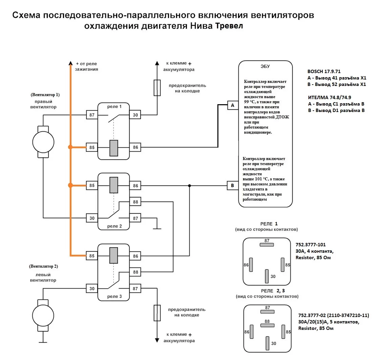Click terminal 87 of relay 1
[x=92, y=115]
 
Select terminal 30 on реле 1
[x=135, y=115]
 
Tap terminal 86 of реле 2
[x=135, y=185]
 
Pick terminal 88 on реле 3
[x=135, y=272]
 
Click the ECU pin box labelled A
[x=232, y=106]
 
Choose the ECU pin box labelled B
[x=232, y=185]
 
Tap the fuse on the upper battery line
[x=157, y=87]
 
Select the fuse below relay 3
[x=157, y=313]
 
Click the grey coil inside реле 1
[x=114, y=148]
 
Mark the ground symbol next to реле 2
[x=157, y=228]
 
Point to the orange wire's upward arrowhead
[x=70, y=63]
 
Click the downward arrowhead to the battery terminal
[x=157, y=340]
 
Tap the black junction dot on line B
[x=189, y=185]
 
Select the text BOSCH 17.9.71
[x=324, y=72]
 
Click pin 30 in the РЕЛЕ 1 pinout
[x=267, y=276]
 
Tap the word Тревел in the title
[x=229, y=26]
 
